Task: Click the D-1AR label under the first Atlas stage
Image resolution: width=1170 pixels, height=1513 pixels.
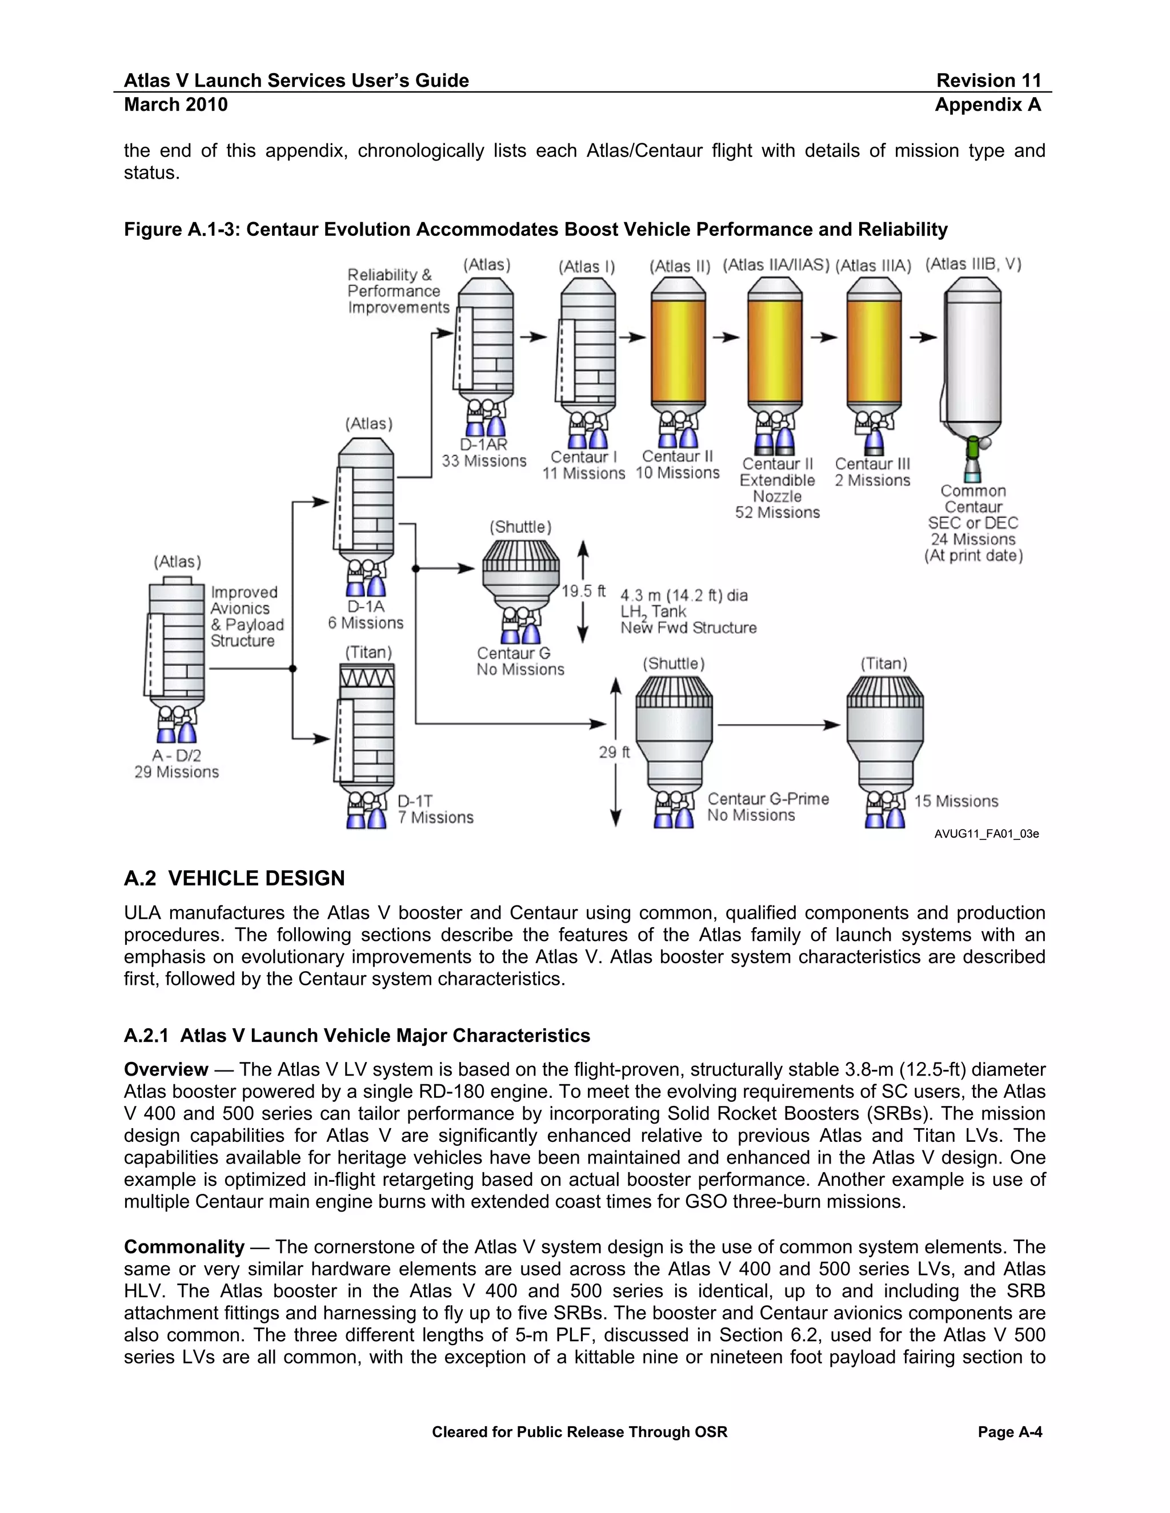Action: [x=483, y=445]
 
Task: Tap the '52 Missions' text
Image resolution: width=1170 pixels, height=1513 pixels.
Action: [x=777, y=513]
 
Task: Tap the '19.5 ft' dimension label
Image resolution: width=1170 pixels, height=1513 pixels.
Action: [x=583, y=591]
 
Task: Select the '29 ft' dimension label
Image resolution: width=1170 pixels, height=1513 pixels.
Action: [x=614, y=753]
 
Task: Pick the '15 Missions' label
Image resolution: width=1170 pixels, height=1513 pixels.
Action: [x=956, y=802]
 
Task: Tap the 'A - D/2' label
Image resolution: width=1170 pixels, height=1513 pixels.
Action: [x=176, y=756]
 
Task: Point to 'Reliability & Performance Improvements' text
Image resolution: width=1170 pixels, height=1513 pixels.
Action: [x=397, y=291]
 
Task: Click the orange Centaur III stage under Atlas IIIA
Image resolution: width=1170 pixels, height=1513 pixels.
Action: [x=874, y=350]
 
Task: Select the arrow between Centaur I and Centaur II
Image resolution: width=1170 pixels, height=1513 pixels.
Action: [x=631, y=337]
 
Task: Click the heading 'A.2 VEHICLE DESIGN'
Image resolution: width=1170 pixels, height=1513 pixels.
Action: [x=234, y=879]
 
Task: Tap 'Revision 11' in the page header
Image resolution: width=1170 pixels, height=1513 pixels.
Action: [x=988, y=81]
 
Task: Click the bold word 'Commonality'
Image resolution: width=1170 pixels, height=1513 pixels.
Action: [x=184, y=1247]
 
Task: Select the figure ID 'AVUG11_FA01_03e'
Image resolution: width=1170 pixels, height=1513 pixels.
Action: [x=985, y=834]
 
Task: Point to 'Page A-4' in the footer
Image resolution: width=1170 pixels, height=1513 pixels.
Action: [x=1009, y=1432]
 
